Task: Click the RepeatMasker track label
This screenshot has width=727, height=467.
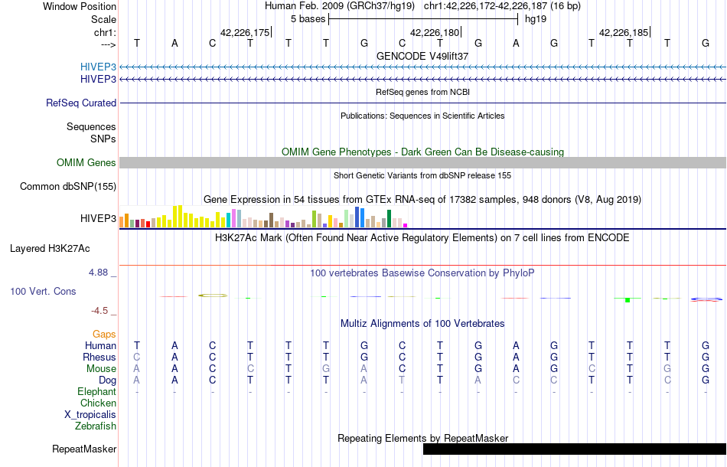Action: click(x=84, y=449)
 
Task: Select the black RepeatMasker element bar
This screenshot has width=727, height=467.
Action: click(x=574, y=449)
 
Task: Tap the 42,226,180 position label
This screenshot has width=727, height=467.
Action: click(x=435, y=33)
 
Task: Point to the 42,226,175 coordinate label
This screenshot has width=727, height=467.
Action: click(x=245, y=33)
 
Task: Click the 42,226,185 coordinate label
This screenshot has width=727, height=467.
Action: click(x=624, y=33)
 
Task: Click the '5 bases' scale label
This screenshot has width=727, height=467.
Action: click(x=308, y=19)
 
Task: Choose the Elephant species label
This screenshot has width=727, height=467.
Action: click(x=96, y=392)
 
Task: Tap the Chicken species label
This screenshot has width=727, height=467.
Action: click(x=99, y=403)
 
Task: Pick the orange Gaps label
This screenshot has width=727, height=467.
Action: click(x=104, y=335)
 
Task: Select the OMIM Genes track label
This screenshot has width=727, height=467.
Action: click(x=86, y=163)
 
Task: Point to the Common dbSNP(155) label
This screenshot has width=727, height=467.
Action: click(x=68, y=187)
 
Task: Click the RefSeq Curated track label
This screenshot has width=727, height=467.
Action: click(x=81, y=103)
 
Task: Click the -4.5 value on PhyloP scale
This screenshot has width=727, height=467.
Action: click(x=102, y=311)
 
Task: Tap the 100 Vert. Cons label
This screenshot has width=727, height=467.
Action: click(x=43, y=292)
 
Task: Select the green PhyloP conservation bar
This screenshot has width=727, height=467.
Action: click(x=627, y=299)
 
